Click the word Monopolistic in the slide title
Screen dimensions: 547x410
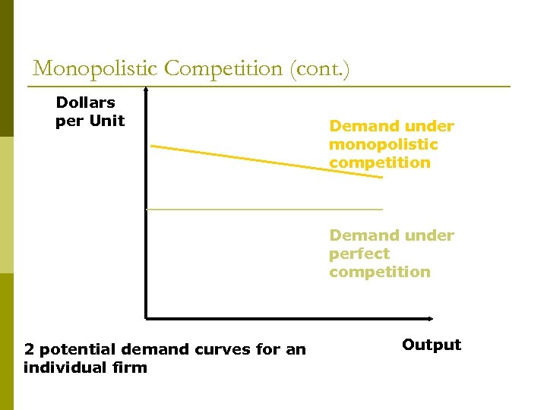tap(96, 69)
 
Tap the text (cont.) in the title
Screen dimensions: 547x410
tap(318, 69)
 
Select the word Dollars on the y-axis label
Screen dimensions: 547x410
tap(85, 102)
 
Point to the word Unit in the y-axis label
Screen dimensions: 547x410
tap(107, 121)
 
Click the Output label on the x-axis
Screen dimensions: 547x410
tap(431, 345)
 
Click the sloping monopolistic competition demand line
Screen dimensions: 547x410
tap(266, 161)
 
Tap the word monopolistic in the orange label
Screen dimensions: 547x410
tap(383, 144)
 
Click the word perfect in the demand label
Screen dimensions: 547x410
tap(359, 254)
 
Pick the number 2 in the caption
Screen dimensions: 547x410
tap(29, 350)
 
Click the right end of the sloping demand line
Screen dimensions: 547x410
tap(381, 178)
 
